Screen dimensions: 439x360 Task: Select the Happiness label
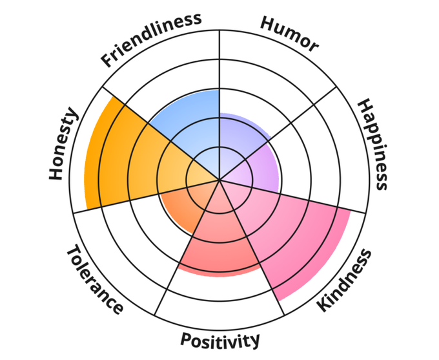(x=373, y=144)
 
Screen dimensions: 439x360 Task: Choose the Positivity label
(x=219, y=340)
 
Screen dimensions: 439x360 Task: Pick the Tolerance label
(x=94, y=279)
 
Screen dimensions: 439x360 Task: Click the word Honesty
(x=63, y=145)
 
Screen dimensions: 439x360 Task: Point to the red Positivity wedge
(x=219, y=239)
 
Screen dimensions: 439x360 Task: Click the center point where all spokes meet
(x=219, y=180)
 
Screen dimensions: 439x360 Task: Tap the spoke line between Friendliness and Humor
(x=219, y=65)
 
